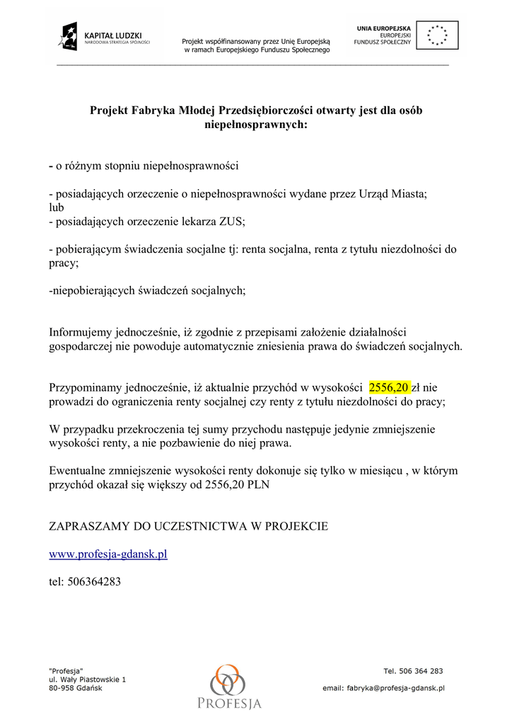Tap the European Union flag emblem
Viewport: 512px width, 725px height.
pyautogui.click(x=437, y=35)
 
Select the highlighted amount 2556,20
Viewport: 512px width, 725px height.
pyautogui.click(x=389, y=387)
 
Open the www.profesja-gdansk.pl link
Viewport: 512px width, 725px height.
pyautogui.click(x=108, y=554)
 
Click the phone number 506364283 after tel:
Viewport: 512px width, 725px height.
pyautogui.click(x=94, y=581)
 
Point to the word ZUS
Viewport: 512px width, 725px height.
pyautogui.click(x=232, y=222)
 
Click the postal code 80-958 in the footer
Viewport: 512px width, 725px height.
pyautogui.click(x=62, y=688)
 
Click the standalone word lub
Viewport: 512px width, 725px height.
pyautogui.click(x=57, y=207)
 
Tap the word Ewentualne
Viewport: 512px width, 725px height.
pyautogui.click(x=79, y=471)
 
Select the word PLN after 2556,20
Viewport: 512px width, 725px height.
pyautogui.click(x=257, y=485)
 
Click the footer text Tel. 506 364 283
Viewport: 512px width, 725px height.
pyautogui.click(x=413, y=671)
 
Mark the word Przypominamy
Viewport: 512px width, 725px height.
pyautogui.click(x=86, y=387)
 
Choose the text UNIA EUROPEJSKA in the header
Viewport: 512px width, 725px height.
pyautogui.click(x=384, y=28)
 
